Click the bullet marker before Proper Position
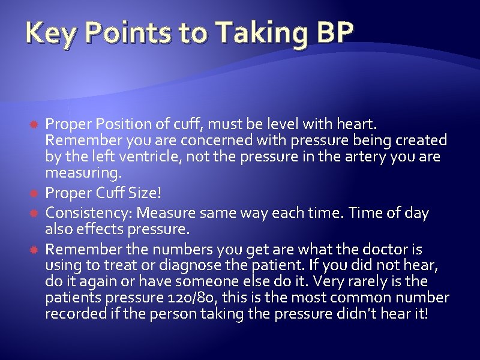pyautogui.click(x=36, y=124)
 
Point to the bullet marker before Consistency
pyautogui.click(x=36, y=213)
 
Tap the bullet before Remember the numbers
pyautogui.click(x=36, y=248)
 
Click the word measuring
pyautogui.click(x=83, y=174)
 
